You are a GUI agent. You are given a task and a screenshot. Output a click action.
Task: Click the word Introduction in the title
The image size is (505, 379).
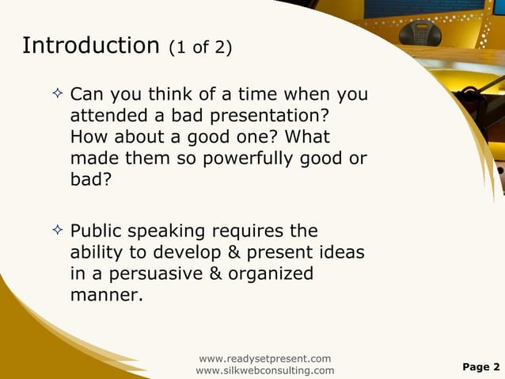tap(91, 46)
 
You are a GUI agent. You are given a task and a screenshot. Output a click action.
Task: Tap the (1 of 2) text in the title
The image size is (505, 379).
tap(200, 48)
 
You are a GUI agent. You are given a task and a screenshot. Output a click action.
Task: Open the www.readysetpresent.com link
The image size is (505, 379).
tap(264, 358)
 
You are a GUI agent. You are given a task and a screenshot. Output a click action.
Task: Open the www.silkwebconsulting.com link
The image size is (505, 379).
tap(264, 370)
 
